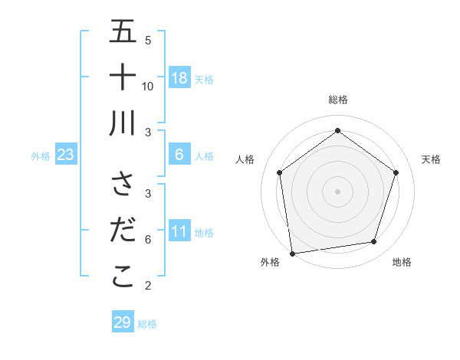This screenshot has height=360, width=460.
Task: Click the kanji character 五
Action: [x=123, y=32]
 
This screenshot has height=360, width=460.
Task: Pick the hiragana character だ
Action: [x=123, y=230]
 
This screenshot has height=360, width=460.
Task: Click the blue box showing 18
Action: [x=179, y=78]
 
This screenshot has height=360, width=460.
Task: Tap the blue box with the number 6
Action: [x=179, y=155]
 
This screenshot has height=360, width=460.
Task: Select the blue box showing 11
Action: [x=179, y=231]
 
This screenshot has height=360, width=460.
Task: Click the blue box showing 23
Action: [x=66, y=155]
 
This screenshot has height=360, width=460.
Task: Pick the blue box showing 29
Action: [x=122, y=322]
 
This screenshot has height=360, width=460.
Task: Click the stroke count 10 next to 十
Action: [x=148, y=86]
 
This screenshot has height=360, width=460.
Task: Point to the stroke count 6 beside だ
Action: [x=148, y=239]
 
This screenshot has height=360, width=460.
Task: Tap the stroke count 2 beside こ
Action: [x=148, y=286]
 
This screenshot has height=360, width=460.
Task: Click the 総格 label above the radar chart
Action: [x=337, y=100]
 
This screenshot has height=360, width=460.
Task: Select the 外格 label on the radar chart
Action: [x=270, y=262]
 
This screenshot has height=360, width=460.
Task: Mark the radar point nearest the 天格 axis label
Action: [x=396, y=172]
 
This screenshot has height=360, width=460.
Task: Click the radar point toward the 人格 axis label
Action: [x=279, y=172]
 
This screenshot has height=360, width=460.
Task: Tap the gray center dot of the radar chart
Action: [x=337, y=191]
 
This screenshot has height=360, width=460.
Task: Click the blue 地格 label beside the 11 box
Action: [x=204, y=232]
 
